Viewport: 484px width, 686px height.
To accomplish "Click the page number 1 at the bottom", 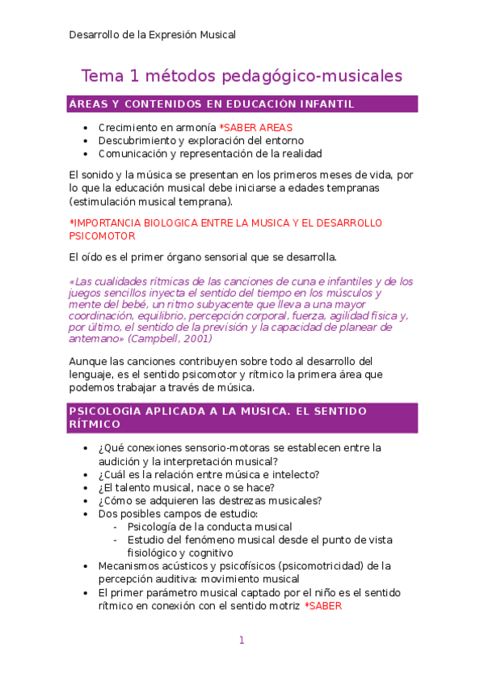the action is (242, 641).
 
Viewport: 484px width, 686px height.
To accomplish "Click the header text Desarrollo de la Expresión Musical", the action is (153, 35).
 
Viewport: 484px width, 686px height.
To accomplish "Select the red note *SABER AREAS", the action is (256, 128).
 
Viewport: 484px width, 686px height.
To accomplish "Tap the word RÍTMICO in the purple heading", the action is (95, 424).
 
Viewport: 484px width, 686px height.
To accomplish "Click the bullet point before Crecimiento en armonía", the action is (86, 128).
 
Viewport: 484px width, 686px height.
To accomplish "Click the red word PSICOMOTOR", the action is (102, 235).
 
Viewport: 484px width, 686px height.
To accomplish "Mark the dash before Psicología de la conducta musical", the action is (117, 527).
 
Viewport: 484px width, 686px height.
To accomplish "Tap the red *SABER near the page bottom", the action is (323, 605).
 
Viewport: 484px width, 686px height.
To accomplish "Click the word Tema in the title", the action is (99, 76).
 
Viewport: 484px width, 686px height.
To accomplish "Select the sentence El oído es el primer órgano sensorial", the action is (202, 257).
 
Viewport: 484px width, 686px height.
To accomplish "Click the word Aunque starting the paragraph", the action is (86, 361).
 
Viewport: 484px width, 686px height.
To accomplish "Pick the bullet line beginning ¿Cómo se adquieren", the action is (209, 500).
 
